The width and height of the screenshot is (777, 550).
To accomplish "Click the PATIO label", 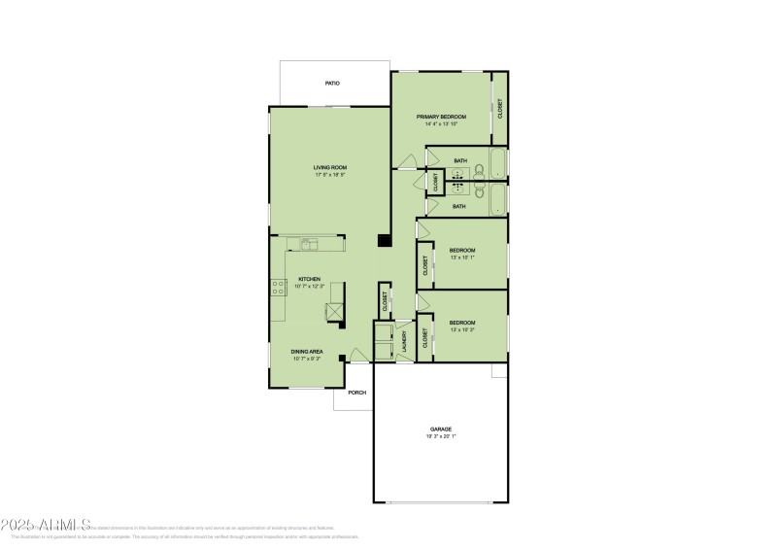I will click(x=332, y=85).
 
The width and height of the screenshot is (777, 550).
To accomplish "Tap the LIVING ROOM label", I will click(x=330, y=167).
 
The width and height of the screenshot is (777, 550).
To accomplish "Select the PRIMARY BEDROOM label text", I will click(x=441, y=117).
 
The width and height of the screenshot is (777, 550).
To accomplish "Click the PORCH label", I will click(x=357, y=394).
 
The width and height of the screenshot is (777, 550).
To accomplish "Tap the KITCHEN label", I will click(x=309, y=279).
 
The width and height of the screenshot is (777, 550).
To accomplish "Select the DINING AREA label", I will click(x=307, y=352).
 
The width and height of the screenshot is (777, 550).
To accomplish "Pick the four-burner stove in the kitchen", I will click(x=276, y=286).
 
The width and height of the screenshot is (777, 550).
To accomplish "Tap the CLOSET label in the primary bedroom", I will click(x=500, y=109).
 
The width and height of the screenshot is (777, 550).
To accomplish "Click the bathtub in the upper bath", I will click(x=497, y=162).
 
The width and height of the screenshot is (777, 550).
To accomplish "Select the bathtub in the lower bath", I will click(x=497, y=200).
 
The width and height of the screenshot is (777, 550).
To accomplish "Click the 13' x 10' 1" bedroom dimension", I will click(x=461, y=258).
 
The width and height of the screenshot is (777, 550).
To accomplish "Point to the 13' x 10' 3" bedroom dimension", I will click(x=461, y=330).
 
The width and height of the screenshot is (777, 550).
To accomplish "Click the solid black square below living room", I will click(x=385, y=242).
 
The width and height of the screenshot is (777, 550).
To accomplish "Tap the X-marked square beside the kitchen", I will click(x=334, y=311).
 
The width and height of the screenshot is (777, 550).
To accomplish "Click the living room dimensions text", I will click(x=330, y=175).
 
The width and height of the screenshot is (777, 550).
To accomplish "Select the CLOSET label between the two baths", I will click(x=436, y=181).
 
